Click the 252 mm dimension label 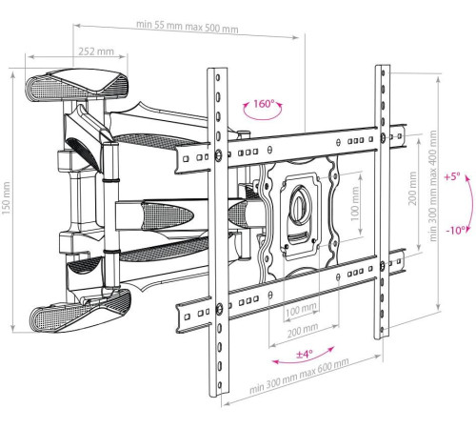pyautogui.click(x=96, y=51)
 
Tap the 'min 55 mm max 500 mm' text pyautogui.click(x=188, y=27)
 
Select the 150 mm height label pyautogui.click(x=7, y=198)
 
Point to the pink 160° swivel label pyautogui.click(x=264, y=104)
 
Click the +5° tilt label pyautogui.click(x=452, y=176)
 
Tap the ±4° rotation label pyautogui.click(x=305, y=354)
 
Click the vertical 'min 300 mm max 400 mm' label pyautogui.click(x=433, y=186)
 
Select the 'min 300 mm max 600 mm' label pyautogui.click(x=299, y=376)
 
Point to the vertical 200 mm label pyautogui.click(x=412, y=189)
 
